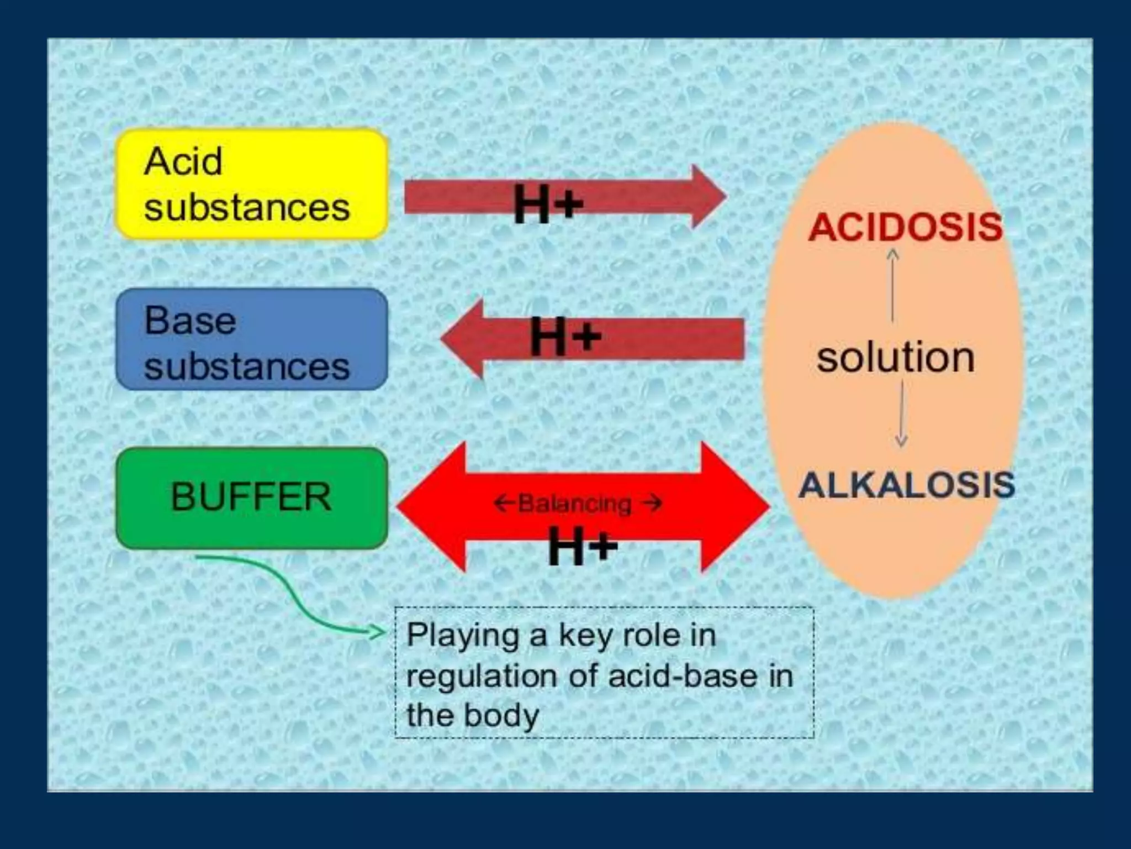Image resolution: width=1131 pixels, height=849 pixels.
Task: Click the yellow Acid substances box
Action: [251, 184]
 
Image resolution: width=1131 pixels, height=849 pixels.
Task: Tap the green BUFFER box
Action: [251, 497]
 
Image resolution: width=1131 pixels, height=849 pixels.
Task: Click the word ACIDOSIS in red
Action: [905, 227]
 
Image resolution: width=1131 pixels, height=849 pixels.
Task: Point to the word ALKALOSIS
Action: [906, 485]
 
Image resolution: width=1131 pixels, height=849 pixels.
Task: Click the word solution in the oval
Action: [895, 358]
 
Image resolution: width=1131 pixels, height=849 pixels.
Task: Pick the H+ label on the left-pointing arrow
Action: [565, 337]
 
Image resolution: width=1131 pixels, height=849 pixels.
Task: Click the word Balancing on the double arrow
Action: [574, 504]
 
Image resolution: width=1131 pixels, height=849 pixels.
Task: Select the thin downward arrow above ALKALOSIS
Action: [901, 415]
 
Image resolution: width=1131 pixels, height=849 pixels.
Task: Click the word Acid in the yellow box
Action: [183, 162]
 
